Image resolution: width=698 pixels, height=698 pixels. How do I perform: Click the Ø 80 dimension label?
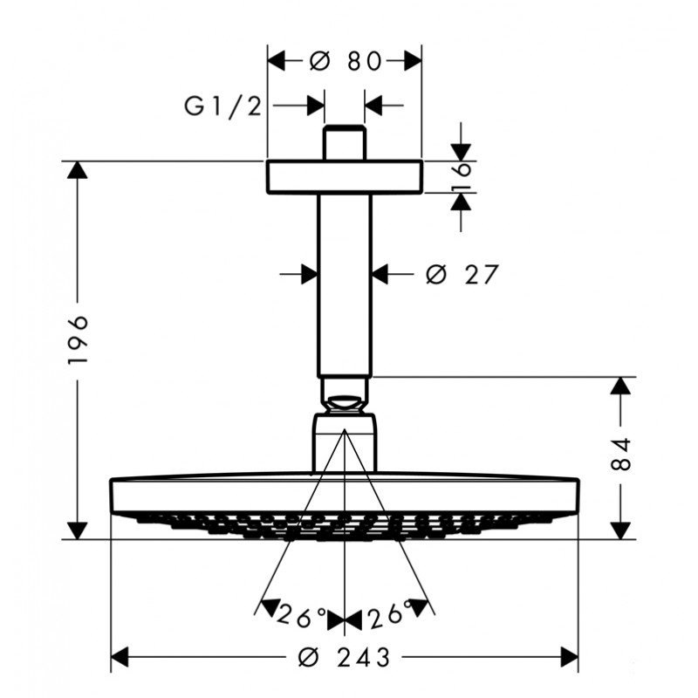pos(346,61)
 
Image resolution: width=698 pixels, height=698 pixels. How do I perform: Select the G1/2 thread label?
pos(223,106)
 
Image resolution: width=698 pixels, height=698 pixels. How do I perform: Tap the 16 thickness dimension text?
pos(462,177)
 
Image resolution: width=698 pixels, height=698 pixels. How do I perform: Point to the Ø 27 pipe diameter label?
pos(462,274)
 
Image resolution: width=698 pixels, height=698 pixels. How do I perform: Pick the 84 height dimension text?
pos(620,454)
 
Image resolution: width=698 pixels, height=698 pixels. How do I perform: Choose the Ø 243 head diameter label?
pos(344,657)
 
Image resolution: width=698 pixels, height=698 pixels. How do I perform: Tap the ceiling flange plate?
pos(345,176)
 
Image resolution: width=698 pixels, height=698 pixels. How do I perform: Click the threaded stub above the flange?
pos(344,142)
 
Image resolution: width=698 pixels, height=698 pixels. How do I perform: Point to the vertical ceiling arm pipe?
pos(344,285)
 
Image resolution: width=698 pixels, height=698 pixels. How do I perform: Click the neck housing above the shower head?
pos(345,442)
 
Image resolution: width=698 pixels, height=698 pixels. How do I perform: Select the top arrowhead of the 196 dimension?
pos(78,170)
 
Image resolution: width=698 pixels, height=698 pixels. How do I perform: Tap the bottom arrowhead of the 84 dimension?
pos(620,530)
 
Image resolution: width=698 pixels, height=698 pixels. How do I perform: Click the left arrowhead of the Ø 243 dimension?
pos(120,657)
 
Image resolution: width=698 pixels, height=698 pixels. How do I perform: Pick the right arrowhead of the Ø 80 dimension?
pos(413,61)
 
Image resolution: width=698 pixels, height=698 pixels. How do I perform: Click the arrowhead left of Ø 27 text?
pos(310,274)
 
